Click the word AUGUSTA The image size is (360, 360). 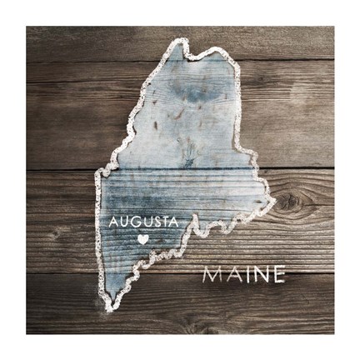tap(143, 223)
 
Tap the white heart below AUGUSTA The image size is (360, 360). tap(142, 239)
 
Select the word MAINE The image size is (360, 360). tap(244, 273)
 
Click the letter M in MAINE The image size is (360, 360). tap(213, 273)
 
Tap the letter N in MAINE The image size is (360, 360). tap(259, 273)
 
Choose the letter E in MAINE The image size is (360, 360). tap(277, 273)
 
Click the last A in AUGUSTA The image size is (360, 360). tap(175, 223)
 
